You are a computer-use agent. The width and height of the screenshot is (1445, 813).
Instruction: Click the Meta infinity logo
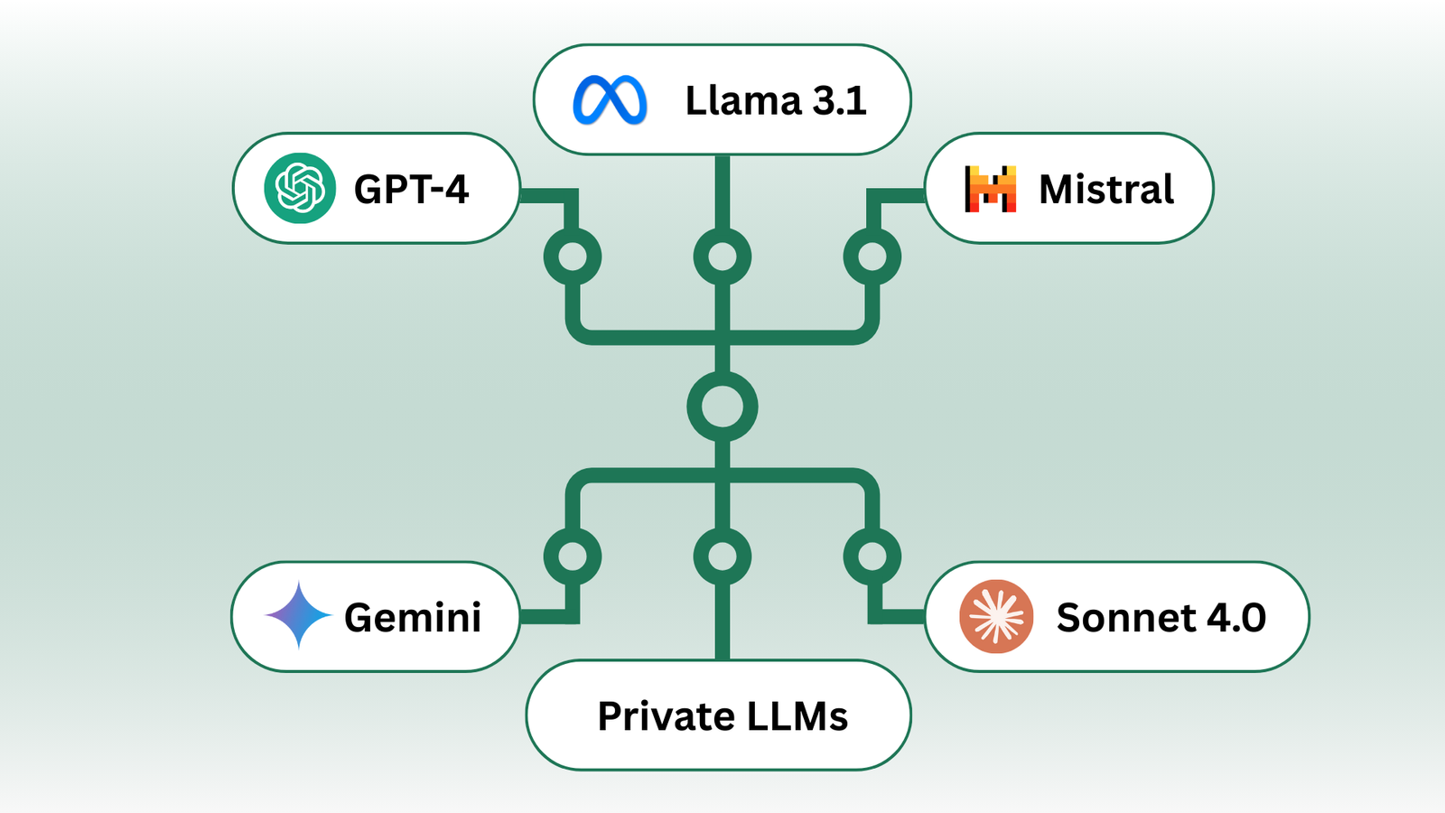(610, 100)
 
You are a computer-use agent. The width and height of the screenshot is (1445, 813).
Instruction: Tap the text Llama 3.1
(775, 100)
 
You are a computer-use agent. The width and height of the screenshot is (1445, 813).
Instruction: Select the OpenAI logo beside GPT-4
(300, 188)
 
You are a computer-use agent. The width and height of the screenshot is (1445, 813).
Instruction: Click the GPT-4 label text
(411, 190)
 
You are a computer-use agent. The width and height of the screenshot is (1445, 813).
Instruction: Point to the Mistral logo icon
(991, 189)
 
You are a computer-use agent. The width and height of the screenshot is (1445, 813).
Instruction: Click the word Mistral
(1106, 190)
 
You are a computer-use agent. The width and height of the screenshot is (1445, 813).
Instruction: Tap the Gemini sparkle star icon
(298, 615)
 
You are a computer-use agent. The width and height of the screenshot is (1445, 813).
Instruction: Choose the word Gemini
(413, 618)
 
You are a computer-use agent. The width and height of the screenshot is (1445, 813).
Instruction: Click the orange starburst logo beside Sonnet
(996, 616)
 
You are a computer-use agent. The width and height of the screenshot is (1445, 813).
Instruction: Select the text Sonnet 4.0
(1161, 618)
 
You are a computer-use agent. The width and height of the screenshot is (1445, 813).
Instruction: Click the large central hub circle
(722, 406)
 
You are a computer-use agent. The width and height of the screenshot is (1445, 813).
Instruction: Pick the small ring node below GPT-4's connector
(573, 257)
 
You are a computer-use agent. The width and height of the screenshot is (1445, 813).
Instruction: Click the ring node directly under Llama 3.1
(722, 257)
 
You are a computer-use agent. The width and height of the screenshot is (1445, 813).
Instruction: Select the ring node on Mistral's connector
(872, 257)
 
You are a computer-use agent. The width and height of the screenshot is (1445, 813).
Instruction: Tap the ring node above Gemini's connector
(573, 556)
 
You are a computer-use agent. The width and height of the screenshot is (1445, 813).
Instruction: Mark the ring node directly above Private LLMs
(722, 556)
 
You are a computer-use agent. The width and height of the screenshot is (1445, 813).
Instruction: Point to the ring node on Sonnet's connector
(872, 556)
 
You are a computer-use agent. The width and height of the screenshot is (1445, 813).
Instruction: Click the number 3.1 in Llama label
(839, 100)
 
